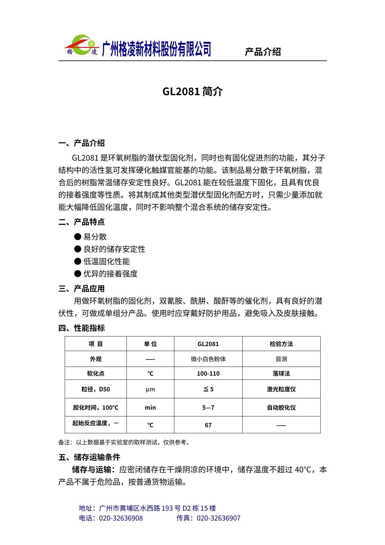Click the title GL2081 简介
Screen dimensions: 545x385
(x=192, y=92)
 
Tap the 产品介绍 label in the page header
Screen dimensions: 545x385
(x=263, y=52)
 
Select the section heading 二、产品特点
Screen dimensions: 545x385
(x=82, y=222)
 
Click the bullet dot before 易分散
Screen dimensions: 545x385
(x=78, y=237)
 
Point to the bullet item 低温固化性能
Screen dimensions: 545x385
(x=106, y=262)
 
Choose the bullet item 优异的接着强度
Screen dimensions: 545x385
(x=110, y=274)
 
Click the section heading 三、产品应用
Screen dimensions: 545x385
(x=82, y=289)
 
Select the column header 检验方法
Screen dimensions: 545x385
(x=281, y=344)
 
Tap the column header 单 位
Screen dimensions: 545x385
(x=150, y=344)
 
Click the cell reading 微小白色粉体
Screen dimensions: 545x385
(x=208, y=359)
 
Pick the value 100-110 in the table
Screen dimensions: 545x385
(x=208, y=374)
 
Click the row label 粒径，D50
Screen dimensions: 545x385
(x=95, y=389)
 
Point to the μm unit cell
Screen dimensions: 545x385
(x=150, y=389)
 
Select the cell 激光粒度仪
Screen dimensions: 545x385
(x=281, y=389)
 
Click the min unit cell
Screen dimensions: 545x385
(x=150, y=408)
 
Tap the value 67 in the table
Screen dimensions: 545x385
(x=208, y=425)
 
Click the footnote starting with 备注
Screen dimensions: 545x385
(x=124, y=442)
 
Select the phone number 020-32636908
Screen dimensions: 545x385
(x=121, y=518)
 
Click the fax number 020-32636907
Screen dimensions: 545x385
(x=218, y=518)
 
